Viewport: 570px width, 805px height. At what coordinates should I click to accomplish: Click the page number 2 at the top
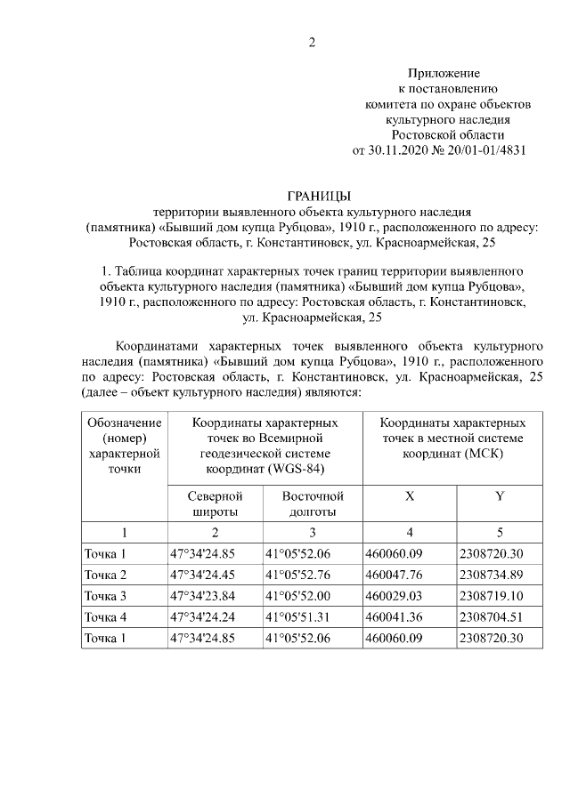[x=312, y=42]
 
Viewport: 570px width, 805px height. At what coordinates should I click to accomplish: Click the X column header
[x=409, y=496]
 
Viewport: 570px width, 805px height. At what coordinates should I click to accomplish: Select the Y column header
[x=500, y=496]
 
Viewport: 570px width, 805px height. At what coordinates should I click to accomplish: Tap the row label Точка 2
[x=105, y=575]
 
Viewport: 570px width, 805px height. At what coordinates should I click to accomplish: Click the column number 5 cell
[x=500, y=533]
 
